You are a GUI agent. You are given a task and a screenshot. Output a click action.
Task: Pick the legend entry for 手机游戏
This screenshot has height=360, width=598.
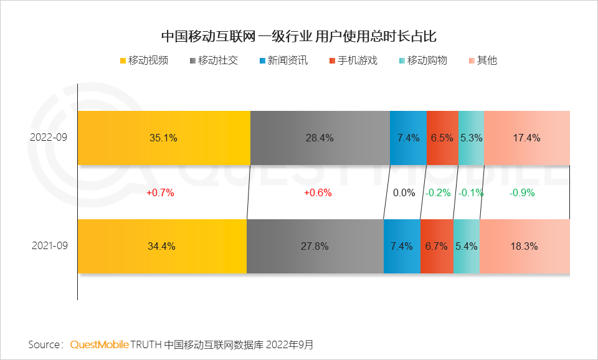pyautogui.click(x=353, y=60)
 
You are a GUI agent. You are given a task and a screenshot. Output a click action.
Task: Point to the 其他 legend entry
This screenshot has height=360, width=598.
pyautogui.click(x=482, y=60)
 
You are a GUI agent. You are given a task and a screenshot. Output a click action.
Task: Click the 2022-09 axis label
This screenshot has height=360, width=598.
pyautogui.click(x=49, y=138)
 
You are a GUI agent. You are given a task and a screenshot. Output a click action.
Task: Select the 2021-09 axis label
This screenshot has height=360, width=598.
pyautogui.click(x=49, y=246)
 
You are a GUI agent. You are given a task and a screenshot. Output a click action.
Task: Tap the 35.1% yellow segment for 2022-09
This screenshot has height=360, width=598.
pyautogui.click(x=164, y=138)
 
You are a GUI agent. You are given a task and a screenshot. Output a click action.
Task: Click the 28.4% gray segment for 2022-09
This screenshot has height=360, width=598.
pyautogui.click(x=320, y=138)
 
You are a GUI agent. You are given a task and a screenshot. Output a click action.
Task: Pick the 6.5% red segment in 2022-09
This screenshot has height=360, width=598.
pyautogui.click(x=442, y=138)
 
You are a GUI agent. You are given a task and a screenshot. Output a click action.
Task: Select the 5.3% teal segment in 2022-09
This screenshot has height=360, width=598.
pyautogui.click(x=471, y=138)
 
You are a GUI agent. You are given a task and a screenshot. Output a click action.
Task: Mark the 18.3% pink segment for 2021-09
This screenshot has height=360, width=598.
pyautogui.click(x=524, y=246)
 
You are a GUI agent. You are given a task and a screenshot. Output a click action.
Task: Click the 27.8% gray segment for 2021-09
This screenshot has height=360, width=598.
pyautogui.click(x=315, y=246)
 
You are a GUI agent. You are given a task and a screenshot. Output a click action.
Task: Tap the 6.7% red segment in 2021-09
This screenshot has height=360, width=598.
pyautogui.click(x=436, y=246)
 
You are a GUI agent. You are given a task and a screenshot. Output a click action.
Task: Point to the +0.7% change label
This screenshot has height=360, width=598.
pyautogui.click(x=160, y=193)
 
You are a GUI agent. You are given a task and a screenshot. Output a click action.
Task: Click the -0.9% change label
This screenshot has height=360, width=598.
pyautogui.click(x=522, y=193)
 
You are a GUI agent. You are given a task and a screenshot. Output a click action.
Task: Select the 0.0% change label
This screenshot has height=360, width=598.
pyautogui.click(x=404, y=193)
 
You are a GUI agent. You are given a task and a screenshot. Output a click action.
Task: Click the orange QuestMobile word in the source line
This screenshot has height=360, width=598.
pyautogui.click(x=100, y=344)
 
